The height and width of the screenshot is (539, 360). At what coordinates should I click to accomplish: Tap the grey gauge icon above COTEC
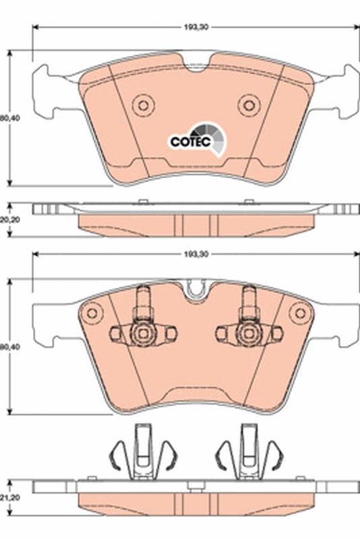[203, 132]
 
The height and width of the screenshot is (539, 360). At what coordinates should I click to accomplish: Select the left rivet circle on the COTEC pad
[143, 104]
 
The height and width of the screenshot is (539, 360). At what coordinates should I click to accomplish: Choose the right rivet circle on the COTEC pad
[249, 104]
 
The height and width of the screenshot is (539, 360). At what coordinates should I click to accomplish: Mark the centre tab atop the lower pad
[196, 290]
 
